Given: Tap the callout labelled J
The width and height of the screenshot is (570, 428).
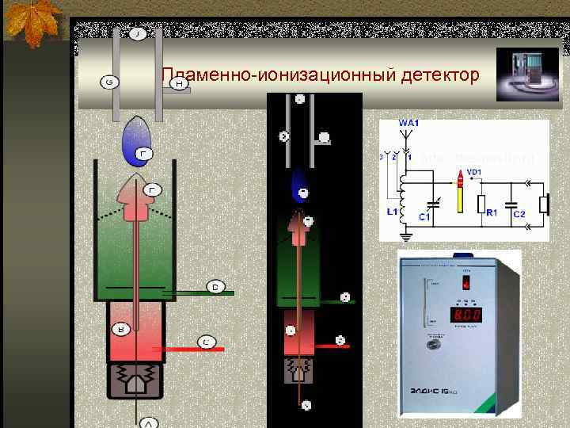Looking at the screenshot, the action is [138, 35].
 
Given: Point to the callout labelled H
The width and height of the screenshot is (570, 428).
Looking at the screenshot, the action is [180, 82].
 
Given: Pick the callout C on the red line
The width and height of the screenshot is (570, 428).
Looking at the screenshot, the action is [205, 342].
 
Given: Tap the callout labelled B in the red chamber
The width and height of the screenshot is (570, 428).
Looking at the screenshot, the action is [120, 327].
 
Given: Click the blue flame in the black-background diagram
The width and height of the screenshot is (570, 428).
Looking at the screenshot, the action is [299, 185].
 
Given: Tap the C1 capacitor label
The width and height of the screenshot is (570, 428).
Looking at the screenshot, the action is [424, 216].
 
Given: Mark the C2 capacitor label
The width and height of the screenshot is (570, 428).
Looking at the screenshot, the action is [519, 215].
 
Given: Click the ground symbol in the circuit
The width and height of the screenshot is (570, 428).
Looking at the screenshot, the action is [406, 235].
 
